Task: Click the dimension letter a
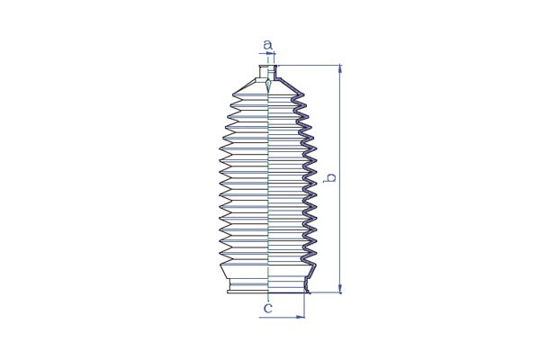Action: [267, 45]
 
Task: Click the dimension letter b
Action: [331, 178]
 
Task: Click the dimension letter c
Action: [267, 308]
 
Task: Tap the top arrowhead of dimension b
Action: [340, 68]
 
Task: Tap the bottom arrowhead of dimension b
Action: [340, 289]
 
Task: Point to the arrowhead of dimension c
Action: [301, 317]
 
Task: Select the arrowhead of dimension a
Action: [271, 54]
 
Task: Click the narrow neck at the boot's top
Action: [267, 72]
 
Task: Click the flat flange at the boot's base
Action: [268, 292]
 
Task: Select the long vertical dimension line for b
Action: [340, 179]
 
